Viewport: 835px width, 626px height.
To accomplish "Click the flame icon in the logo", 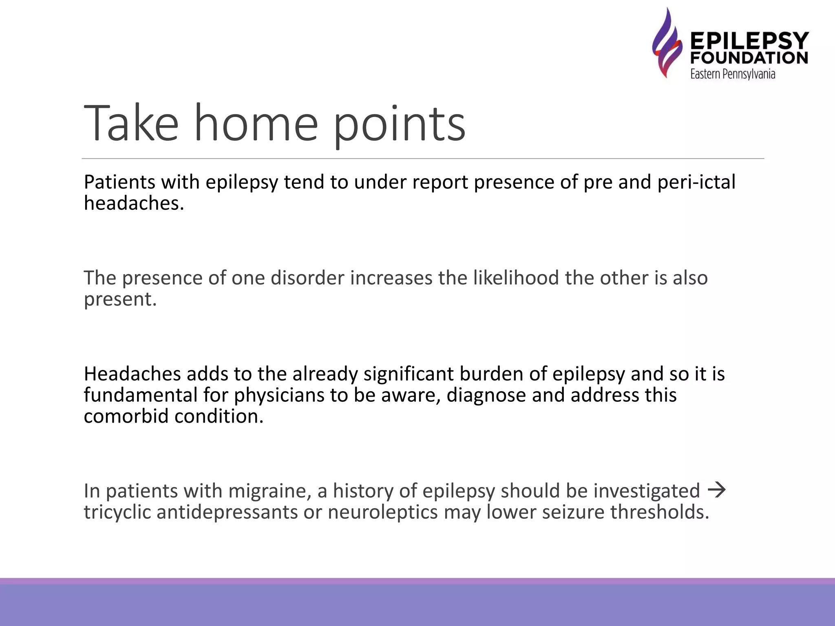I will pos(667,43).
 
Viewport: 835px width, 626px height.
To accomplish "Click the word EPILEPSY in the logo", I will pos(749,41).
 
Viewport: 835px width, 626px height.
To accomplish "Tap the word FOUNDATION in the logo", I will pos(749,58).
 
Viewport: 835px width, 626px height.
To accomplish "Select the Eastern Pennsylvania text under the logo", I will pos(733,74).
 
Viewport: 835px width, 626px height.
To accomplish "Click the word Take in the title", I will pos(131,123).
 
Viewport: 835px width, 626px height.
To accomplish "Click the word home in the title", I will pos(256,123).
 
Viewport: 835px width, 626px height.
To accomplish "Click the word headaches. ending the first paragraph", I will pos(134,203).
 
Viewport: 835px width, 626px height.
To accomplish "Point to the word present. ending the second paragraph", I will pos(120,300).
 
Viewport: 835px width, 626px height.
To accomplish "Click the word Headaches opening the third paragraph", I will pos(132,374).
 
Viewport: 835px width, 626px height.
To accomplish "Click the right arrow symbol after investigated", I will pos(717,489).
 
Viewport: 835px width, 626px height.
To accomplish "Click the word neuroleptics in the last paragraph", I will pos(382,512).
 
